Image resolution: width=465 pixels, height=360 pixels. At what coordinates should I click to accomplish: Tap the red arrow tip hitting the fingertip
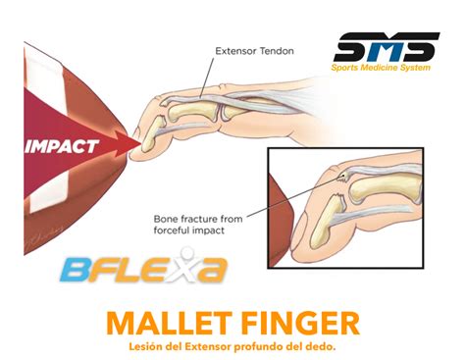click(129, 146)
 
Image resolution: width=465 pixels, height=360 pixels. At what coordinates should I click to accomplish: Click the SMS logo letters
click(385, 49)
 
